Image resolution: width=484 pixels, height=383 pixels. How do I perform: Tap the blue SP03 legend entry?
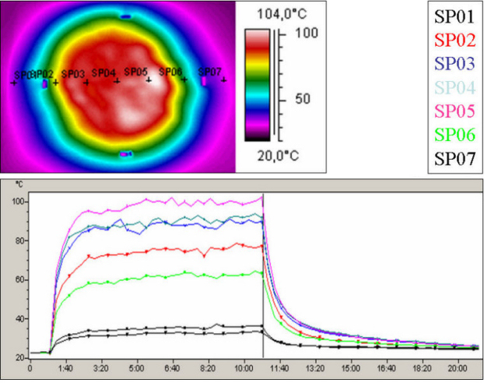(x=450, y=63)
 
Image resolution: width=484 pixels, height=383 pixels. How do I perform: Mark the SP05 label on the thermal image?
(x=135, y=72)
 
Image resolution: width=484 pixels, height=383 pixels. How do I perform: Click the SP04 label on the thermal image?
(x=103, y=73)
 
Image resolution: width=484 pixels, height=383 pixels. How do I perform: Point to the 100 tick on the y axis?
(x=19, y=202)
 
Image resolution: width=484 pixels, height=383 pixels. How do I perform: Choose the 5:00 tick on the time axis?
(x=137, y=370)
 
